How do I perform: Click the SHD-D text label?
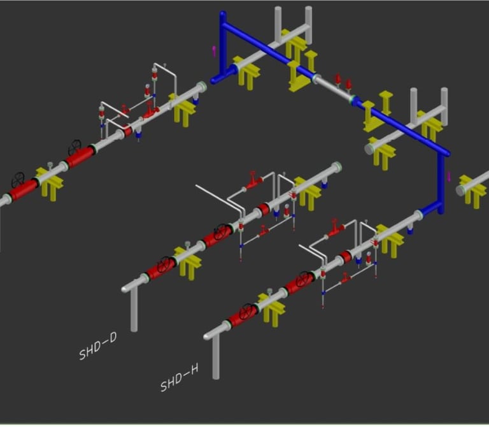pyautogui.click(x=98, y=346)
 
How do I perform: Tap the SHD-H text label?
pyautogui.click(x=180, y=378)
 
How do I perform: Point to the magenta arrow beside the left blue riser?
pyautogui.click(x=214, y=51)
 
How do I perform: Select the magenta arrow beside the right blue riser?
pyautogui.click(x=449, y=177)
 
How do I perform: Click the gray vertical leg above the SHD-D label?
pyautogui.click(x=134, y=309)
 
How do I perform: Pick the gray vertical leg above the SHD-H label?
pyautogui.click(x=216, y=358)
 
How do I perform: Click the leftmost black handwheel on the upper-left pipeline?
pyautogui.click(x=18, y=179)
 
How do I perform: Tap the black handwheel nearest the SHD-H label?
pyautogui.click(x=247, y=311)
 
